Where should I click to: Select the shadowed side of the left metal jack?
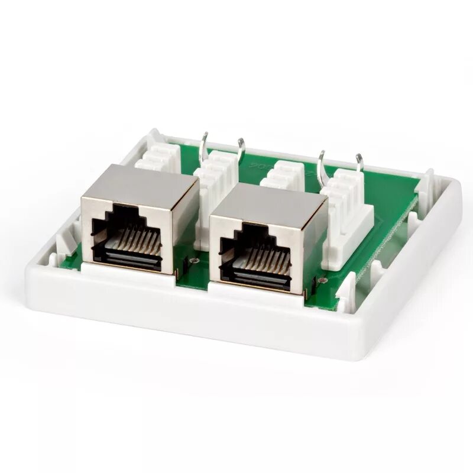point(186,225)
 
